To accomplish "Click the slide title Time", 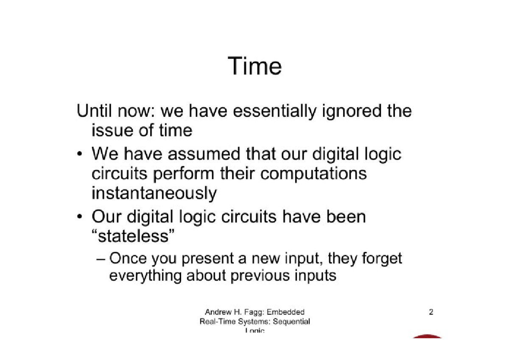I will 255,66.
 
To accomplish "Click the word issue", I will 111,130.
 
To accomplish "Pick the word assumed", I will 205,153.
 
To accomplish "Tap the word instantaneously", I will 154,194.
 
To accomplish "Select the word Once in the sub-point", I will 128,258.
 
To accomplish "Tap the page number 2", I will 431,313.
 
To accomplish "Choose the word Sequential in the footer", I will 291,321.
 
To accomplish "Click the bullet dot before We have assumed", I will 79,154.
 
